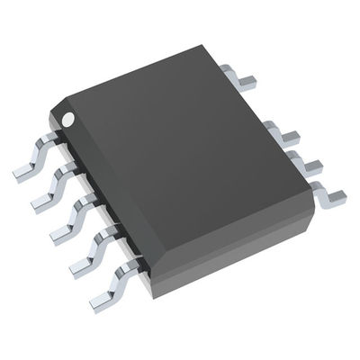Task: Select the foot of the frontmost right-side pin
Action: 335,193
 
